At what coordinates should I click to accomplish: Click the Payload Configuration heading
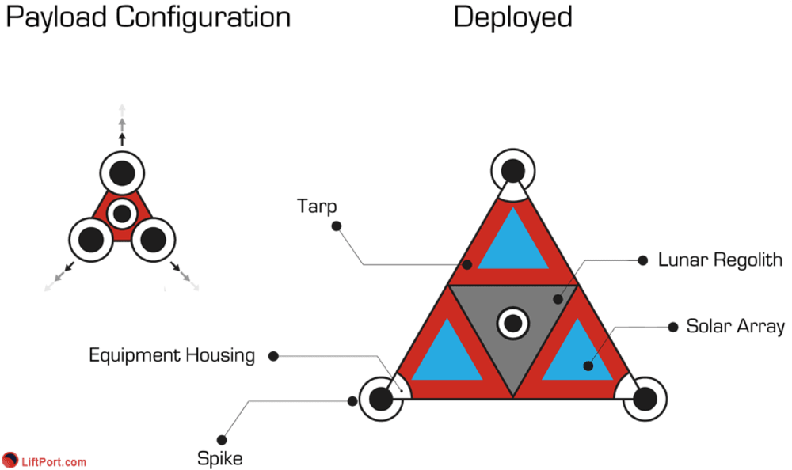tap(148, 18)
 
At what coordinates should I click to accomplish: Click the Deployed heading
tap(512, 17)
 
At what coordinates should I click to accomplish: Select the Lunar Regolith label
tap(720, 260)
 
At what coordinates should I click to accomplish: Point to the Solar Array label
tap(735, 326)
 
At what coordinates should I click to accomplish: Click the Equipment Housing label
tap(172, 355)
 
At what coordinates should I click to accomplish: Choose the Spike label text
tap(219, 457)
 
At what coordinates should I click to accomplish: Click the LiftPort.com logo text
tap(55, 461)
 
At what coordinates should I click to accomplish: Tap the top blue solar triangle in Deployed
tap(512, 243)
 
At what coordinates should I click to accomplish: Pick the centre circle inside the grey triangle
tap(512, 323)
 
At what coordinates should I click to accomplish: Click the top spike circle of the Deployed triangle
tap(513, 170)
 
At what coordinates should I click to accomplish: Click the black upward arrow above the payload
tap(121, 138)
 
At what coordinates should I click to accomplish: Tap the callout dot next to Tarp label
tap(336, 226)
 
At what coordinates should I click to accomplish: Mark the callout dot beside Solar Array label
tap(673, 326)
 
